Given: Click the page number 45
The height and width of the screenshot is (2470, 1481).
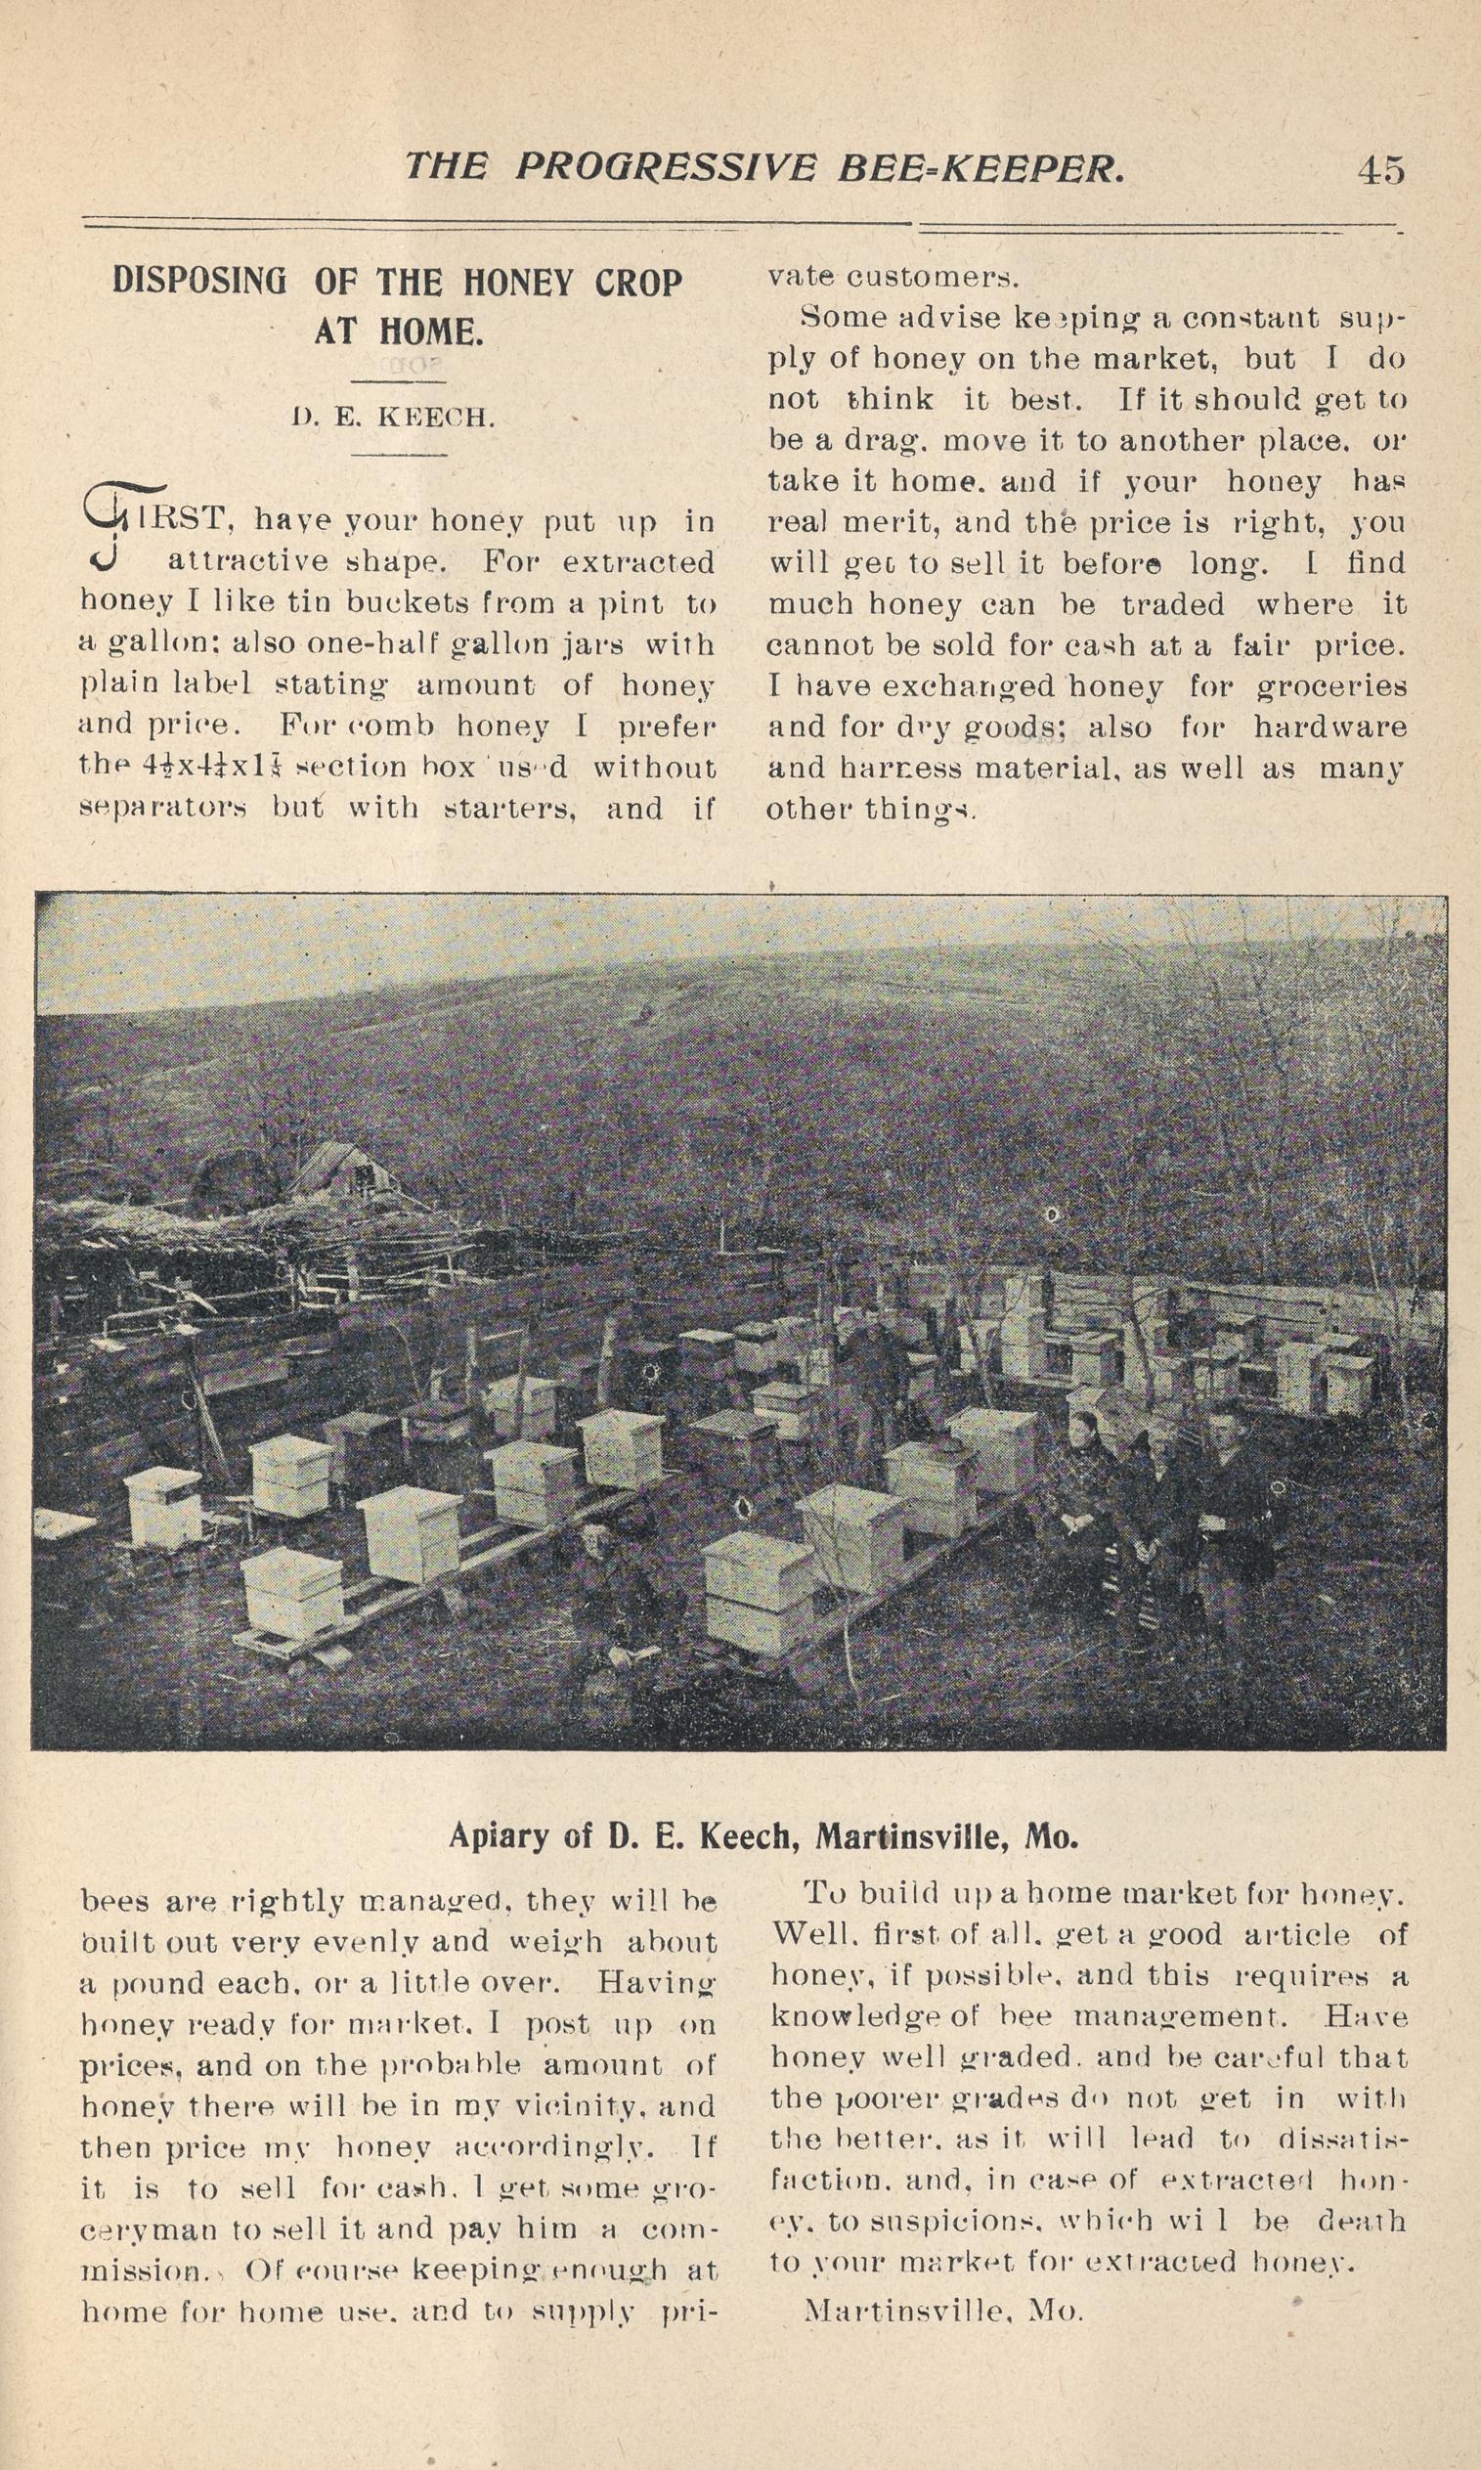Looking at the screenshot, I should pyautogui.click(x=1380, y=171).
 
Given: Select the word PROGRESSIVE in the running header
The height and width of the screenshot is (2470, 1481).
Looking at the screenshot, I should pyautogui.click(x=665, y=167).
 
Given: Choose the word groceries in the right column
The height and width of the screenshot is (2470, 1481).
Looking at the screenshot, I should pyautogui.click(x=1330, y=686).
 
